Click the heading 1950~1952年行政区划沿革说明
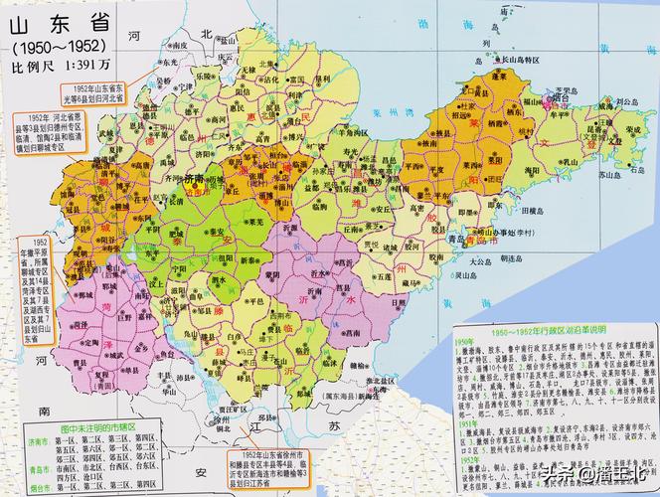[553, 329]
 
